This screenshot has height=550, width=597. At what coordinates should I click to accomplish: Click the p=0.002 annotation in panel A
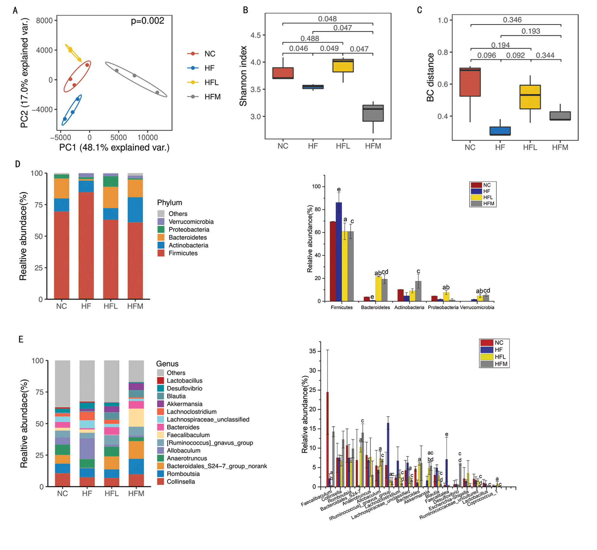147,21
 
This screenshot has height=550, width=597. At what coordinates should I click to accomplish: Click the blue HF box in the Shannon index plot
313,87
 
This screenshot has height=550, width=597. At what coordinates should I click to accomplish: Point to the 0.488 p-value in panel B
310,39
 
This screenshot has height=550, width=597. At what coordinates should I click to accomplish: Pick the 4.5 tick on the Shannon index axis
255,35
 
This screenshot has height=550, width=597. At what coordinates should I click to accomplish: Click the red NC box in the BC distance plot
470,82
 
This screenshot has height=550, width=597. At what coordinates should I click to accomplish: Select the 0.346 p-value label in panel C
512,20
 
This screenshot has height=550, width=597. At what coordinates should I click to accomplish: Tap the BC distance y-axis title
430,77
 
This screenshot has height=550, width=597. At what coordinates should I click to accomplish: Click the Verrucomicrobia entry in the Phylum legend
191,222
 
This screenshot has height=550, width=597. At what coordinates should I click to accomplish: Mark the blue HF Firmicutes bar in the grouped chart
339,252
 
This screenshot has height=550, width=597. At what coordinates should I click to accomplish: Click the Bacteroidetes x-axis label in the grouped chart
375,307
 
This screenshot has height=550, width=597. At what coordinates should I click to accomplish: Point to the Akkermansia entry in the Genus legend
184,404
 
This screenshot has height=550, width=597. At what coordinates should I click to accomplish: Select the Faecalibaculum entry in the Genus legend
188,435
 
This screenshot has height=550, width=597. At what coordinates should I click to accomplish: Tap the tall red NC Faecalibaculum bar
327,439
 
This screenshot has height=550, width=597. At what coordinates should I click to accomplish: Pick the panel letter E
21,339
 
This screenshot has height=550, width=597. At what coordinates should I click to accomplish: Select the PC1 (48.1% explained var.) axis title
114,148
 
